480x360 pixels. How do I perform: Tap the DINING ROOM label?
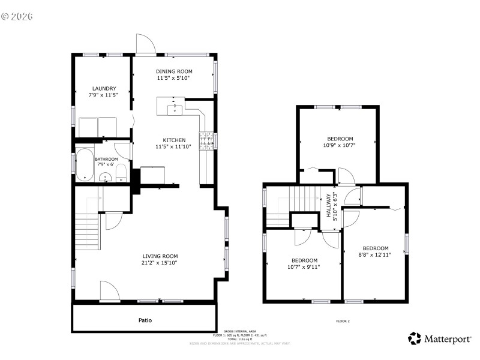[174, 71]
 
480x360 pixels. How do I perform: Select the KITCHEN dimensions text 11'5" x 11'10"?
[174, 146]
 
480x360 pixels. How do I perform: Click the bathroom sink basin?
[106, 177]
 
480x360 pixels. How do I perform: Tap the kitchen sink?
[174, 108]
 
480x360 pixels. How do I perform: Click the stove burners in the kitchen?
[206, 140]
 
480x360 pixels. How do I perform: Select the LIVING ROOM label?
[159, 256]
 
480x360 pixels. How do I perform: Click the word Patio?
[145, 320]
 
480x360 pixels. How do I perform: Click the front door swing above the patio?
[109, 292]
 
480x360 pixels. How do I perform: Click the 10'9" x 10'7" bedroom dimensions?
[340, 145]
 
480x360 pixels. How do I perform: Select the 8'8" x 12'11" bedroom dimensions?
[375, 254]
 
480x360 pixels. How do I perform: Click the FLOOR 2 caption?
[343, 322]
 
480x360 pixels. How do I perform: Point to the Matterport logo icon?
[415, 339]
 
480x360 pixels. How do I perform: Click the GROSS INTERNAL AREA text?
[240, 331]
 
